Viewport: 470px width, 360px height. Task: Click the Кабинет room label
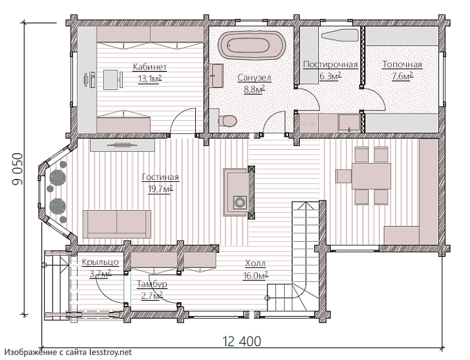[150, 66]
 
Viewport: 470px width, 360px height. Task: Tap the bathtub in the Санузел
[252, 45]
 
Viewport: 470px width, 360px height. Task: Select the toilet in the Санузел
[227, 122]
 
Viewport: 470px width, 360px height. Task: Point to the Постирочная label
[331, 64]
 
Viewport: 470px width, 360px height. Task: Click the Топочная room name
[402, 64]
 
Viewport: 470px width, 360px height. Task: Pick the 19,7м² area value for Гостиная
[160, 189]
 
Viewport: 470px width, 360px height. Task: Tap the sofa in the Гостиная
[117, 224]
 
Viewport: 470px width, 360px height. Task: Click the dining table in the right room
[371, 176]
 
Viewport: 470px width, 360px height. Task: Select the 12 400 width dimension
[242, 342]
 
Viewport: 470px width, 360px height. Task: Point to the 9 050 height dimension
[18, 169]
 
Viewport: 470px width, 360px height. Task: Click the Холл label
[256, 263]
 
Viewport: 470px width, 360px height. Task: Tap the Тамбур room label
[152, 284]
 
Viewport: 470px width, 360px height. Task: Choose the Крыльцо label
[101, 262]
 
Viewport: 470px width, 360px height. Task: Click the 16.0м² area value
[256, 275]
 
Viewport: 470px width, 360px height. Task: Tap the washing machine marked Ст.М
[308, 124]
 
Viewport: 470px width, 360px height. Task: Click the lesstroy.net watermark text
[68, 352]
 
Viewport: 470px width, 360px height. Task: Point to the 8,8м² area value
[254, 89]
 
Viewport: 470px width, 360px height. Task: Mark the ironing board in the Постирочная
[340, 35]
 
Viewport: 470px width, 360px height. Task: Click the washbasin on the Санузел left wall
[216, 76]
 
